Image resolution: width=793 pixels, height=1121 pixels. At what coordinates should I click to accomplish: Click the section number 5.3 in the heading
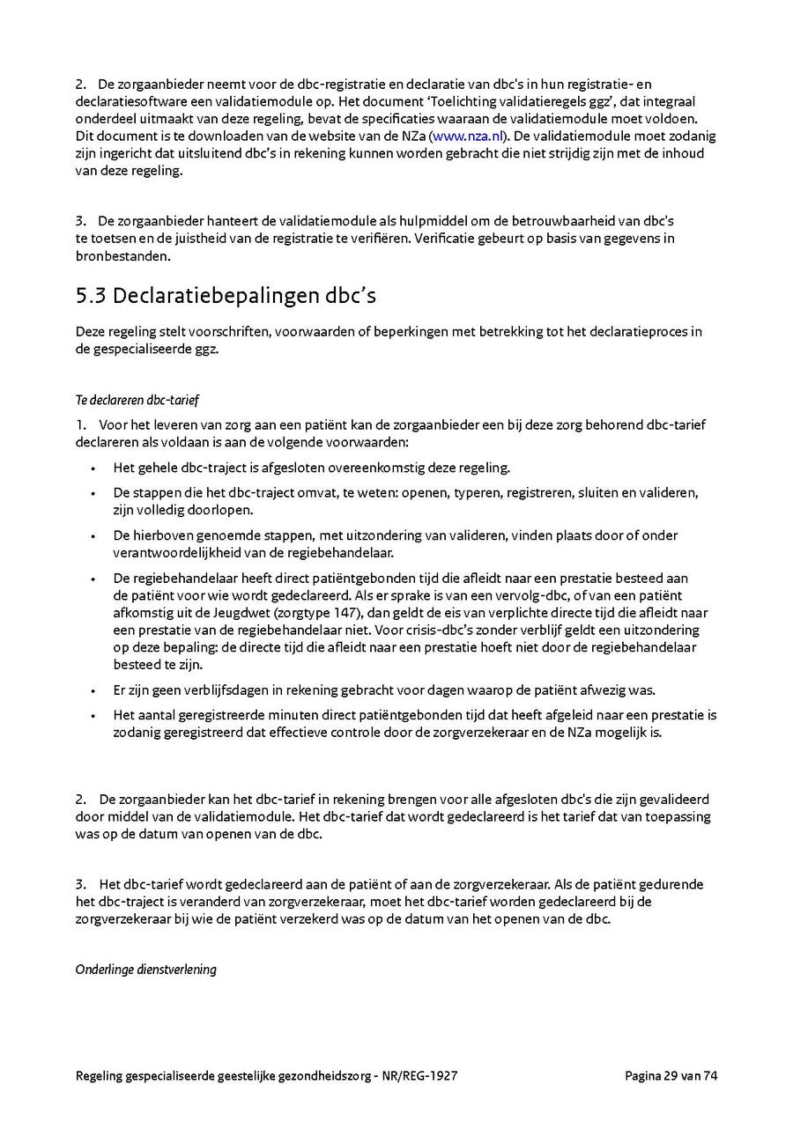click(x=91, y=296)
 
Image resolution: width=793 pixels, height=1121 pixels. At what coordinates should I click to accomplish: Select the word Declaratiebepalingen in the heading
click(x=226, y=296)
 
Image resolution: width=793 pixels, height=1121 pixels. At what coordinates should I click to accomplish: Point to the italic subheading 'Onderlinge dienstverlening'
click(x=145, y=970)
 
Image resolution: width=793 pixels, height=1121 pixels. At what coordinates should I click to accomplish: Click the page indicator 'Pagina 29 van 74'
click(x=671, y=1075)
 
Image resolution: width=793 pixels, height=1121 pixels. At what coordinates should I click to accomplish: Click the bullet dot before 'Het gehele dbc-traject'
click(x=93, y=468)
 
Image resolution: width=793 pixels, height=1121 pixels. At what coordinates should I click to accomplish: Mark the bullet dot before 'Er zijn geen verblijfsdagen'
click(x=93, y=690)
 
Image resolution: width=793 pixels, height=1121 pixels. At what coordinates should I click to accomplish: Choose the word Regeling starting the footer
click(x=100, y=1075)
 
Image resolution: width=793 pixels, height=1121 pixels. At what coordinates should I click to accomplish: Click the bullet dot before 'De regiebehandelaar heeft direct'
click(x=93, y=579)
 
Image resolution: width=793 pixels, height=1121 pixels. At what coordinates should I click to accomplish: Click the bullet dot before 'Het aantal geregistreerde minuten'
click(x=93, y=715)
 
